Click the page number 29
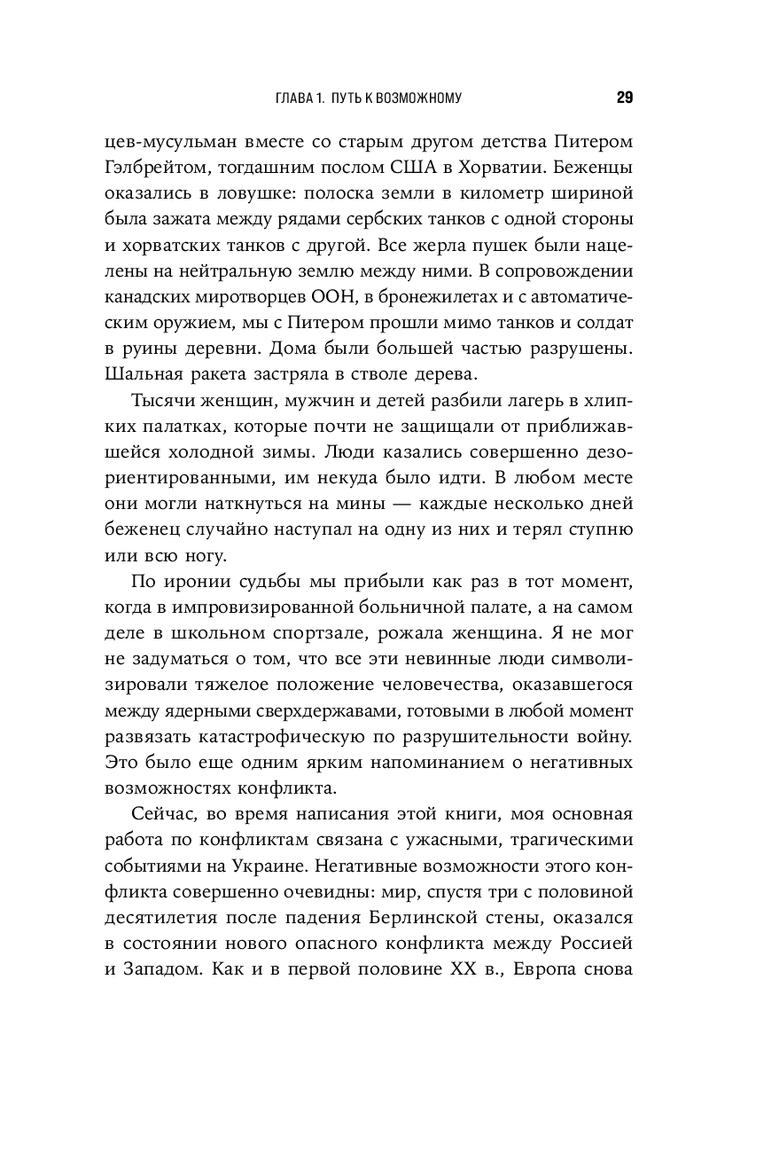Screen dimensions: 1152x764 pos(624,98)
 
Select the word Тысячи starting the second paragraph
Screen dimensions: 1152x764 pos(162,401)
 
